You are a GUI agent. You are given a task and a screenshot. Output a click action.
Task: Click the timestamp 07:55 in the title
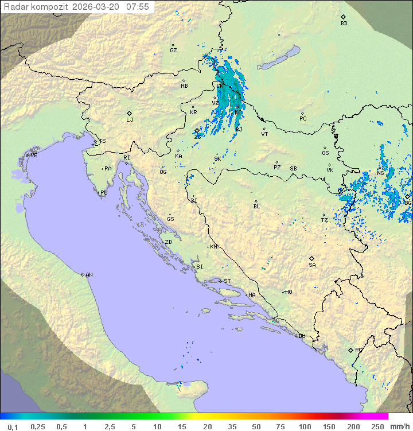138,7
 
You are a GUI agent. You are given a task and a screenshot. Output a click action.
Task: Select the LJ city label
130,120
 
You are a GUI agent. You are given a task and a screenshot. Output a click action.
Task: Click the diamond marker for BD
343,17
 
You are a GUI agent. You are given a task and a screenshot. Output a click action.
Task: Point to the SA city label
312,265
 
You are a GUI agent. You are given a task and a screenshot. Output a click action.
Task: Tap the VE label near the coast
34,156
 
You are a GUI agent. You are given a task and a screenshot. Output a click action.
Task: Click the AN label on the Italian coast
89,275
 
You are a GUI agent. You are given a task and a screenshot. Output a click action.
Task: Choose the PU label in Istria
104,193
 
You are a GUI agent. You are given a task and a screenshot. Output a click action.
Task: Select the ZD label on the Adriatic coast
168,242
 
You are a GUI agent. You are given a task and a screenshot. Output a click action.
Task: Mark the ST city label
227,281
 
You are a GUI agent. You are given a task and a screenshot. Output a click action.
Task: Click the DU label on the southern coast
301,336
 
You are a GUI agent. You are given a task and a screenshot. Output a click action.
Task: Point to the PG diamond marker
350,350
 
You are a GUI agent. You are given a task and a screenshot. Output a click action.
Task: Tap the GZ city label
173,51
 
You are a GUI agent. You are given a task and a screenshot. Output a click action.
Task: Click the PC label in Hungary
303,119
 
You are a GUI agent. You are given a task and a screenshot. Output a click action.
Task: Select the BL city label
256,207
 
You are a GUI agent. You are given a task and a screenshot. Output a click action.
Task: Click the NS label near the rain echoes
380,173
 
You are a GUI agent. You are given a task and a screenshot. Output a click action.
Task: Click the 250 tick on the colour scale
377,426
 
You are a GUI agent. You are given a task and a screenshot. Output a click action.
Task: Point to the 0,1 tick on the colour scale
13,426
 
